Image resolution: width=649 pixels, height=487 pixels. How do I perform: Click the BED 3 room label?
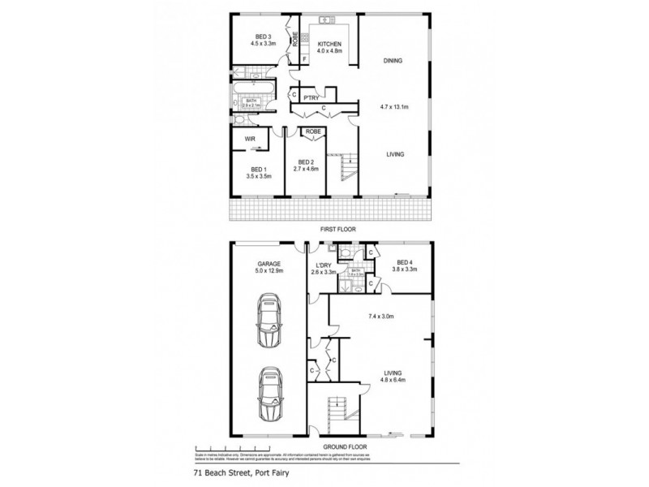coord(262,37)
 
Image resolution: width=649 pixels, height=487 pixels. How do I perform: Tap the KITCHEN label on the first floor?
coord(329,43)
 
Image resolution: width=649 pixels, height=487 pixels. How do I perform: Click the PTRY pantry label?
coord(310,97)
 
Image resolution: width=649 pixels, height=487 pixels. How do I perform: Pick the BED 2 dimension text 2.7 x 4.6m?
coord(307,168)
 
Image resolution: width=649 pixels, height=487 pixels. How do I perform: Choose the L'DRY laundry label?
coord(323,263)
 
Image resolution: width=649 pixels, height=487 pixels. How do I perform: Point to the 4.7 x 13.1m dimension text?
coord(394,107)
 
